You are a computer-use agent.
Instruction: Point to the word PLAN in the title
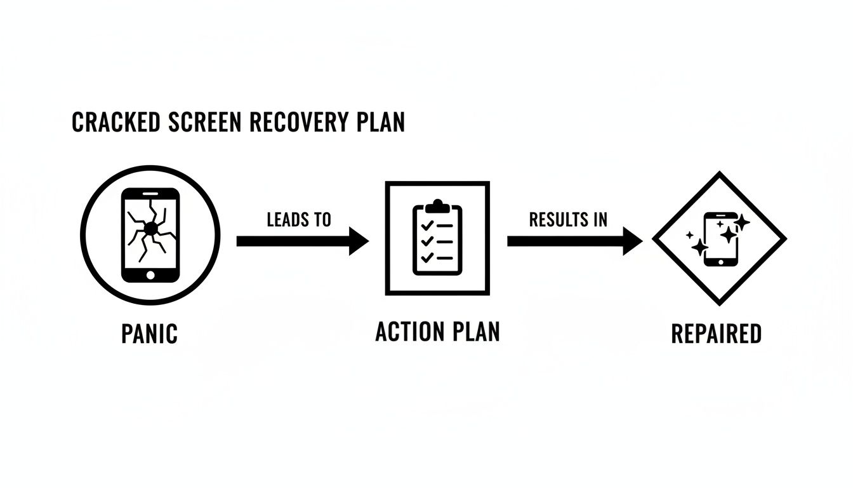pos(380,123)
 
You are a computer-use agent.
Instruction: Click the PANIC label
pos(149,333)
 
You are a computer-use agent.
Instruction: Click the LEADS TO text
pos(299,220)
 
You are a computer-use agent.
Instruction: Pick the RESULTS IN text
pos(568,220)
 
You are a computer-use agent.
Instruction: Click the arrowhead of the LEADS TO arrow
pos(359,241)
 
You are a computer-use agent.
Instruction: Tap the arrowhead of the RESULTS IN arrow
pos(633,241)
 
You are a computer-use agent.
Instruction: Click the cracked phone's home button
pos(150,275)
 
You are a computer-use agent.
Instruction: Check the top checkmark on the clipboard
pos(427,225)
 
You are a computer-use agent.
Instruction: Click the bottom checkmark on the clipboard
pos(427,257)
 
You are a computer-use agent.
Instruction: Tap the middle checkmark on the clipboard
pos(427,241)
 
